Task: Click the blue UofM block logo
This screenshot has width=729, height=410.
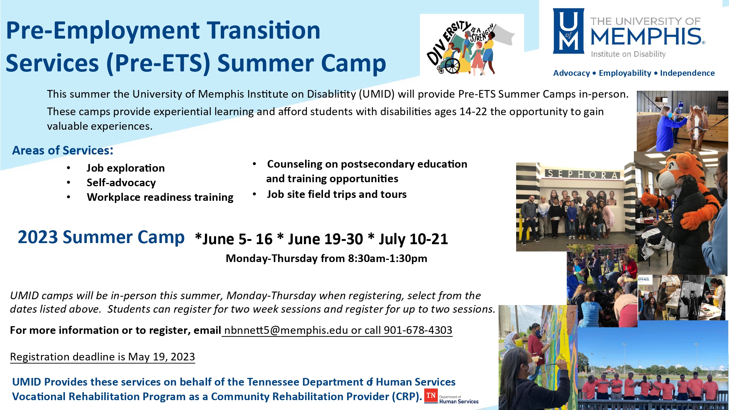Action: click(x=569, y=31)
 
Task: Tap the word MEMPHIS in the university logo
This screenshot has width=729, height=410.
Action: click(x=646, y=36)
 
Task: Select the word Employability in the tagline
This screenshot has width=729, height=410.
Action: click(x=625, y=73)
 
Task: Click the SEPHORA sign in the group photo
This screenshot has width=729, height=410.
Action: click(x=582, y=174)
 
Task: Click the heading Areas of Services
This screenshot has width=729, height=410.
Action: click(x=63, y=150)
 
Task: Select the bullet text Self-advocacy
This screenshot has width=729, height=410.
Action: click(x=121, y=182)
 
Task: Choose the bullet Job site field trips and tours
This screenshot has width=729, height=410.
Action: click(x=336, y=194)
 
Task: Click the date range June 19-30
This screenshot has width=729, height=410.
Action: click(x=325, y=239)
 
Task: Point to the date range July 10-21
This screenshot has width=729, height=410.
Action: click(x=413, y=239)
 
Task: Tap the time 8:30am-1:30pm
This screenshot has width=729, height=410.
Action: click(x=387, y=258)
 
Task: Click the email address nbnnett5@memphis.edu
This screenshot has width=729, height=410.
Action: click(x=286, y=330)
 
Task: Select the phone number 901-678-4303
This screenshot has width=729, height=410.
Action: click(x=418, y=330)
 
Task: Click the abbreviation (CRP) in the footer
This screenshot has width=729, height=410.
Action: click(x=407, y=396)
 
